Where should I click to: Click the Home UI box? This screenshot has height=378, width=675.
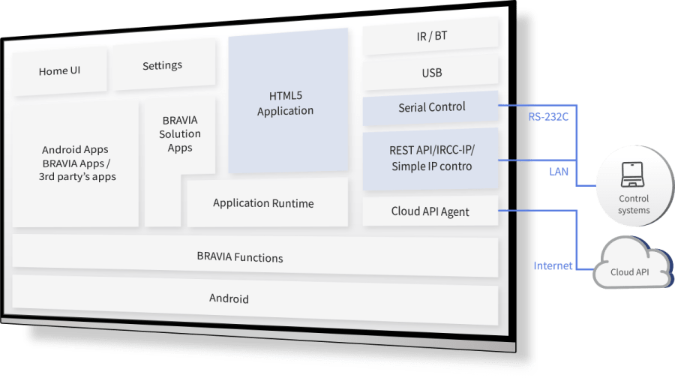60,71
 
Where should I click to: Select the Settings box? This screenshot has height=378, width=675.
162,66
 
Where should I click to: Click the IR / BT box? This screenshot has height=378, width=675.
431,35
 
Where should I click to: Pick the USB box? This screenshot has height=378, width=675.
431,73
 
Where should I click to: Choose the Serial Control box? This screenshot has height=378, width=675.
431,107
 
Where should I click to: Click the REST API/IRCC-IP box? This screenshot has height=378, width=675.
431,159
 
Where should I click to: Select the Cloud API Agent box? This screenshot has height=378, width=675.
430,211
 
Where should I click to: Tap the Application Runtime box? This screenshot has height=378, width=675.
263,203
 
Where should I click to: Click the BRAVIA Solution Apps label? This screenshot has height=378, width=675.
180,133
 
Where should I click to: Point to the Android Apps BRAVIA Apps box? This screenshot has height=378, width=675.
78,163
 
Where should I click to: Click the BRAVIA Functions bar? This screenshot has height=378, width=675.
240,257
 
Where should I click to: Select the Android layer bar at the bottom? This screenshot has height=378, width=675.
229,298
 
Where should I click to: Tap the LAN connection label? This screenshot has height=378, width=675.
558,172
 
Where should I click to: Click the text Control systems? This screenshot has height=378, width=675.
634,205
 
